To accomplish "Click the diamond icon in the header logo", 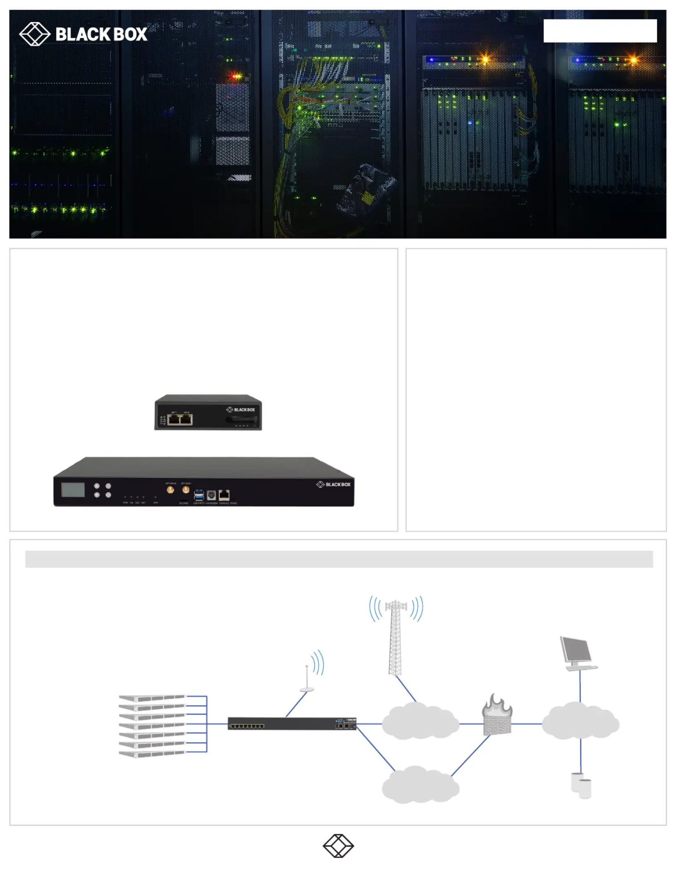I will tap(34, 34).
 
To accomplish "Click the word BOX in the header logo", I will tap(130, 34).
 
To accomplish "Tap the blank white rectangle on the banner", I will tap(600, 31).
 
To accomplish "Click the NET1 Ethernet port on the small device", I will tap(174, 419).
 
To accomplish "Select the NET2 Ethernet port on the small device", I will tap(186, 419).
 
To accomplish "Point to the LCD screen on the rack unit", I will tap(73, 490).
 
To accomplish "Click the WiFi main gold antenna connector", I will tap(170, 490).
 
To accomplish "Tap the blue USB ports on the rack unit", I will tap(199, 495).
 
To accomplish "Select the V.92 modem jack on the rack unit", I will tap(211, 495).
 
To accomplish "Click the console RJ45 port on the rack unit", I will tap(224, 495).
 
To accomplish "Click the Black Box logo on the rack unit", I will tap(333, 484).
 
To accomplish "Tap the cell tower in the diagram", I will tap(396, 636).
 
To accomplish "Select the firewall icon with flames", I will tap(497, 715).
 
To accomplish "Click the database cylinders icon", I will tap(581, 785).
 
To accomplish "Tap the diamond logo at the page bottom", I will tap(338, 846).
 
